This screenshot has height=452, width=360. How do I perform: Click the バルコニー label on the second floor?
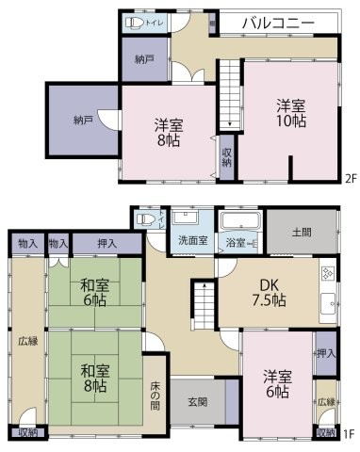[x=277, y=23]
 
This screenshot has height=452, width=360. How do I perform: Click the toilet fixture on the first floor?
[x=145, y=219]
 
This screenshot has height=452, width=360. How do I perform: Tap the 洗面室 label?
[x=194, y=240]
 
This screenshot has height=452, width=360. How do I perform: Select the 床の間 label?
[x=156, y=396]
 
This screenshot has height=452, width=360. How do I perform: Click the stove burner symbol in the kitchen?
[x=328, y=274]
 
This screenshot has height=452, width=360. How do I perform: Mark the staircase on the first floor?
[x=202, y=303]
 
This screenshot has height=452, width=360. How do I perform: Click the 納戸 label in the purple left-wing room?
[x=83, y=121]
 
